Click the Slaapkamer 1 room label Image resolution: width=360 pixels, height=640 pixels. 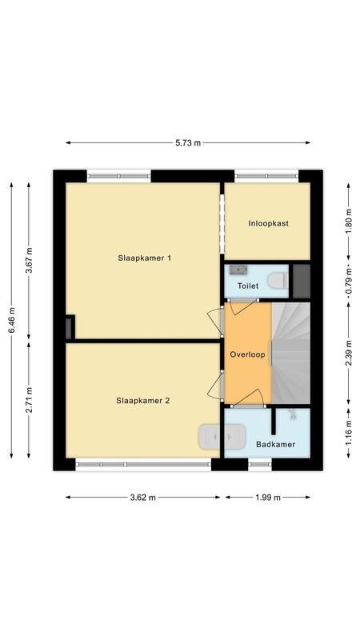[145, 258]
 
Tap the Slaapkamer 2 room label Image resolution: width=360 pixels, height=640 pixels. [142, 401]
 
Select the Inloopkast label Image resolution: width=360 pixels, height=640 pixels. [266, 223]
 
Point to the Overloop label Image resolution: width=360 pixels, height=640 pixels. [246, 354]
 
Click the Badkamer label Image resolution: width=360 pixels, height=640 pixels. [275, 444]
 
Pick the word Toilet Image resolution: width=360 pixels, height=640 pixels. [248, 286]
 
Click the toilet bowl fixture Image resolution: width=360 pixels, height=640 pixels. [277, 280]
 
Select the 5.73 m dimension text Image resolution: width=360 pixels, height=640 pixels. [188, 143]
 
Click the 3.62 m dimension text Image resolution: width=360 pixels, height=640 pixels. [143, 498]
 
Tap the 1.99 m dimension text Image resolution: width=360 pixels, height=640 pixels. [267, 498]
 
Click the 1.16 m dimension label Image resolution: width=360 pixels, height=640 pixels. [348, 438]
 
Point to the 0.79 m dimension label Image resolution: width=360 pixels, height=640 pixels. [348, 281]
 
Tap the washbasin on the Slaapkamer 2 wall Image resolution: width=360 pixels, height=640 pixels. [221, 438]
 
